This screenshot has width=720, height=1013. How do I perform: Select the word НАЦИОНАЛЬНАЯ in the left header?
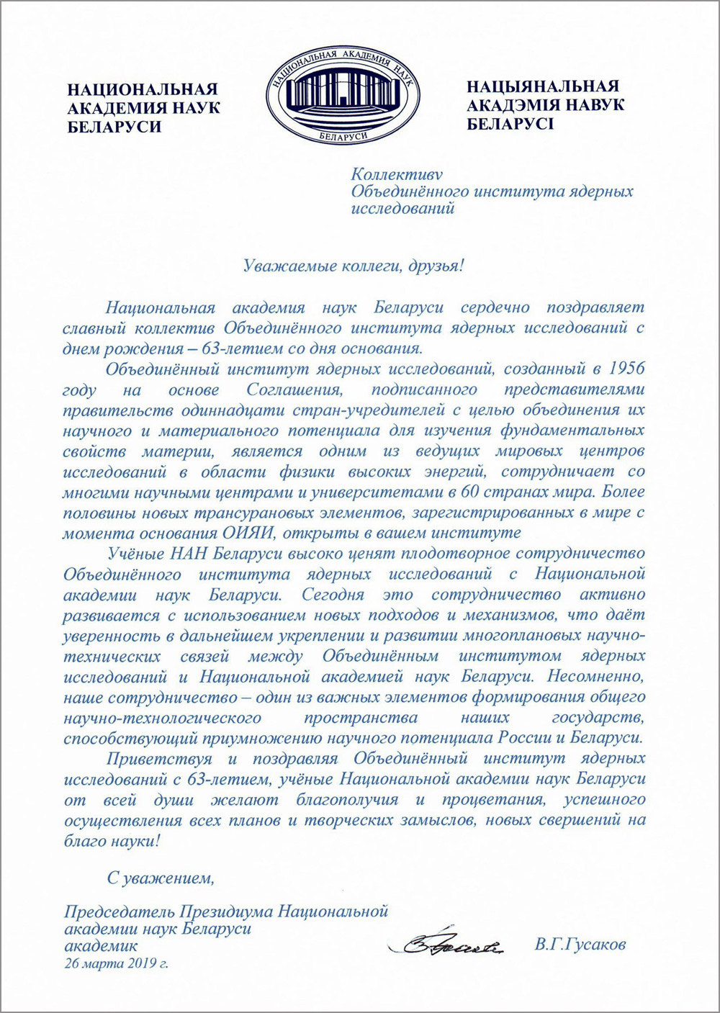click(142, 90)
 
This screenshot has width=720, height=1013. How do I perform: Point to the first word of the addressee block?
click(396, 174)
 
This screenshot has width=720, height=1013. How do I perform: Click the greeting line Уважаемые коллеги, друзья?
click(354, 266)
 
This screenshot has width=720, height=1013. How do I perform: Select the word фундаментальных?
click(568, 431)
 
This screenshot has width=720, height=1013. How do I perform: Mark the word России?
click(525, 739)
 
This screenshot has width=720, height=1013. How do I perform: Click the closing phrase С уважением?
click(161, 878)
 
